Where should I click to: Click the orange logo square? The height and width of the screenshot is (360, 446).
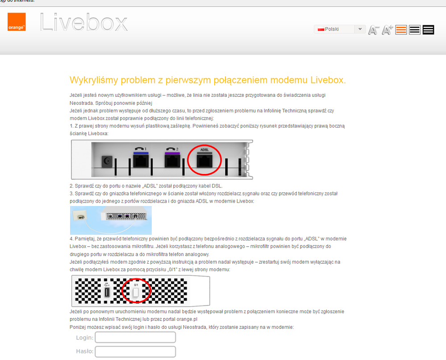click(x=17, y=21)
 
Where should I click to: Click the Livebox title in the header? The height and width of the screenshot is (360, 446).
click(x=83, y=22)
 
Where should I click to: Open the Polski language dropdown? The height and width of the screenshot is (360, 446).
click(x=340, y=29)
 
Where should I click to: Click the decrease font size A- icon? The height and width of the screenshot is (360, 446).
click(x=374, y=29)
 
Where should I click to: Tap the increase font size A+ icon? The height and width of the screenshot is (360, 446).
click(x=387, y=29)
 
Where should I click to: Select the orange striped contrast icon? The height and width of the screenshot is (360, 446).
click(x=401, y=29)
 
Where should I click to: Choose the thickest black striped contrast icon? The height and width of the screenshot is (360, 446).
click(x=428, y=29)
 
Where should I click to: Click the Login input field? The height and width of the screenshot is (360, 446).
click(x=135, y=337)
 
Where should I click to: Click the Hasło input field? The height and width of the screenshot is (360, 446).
click(x=135, y=352)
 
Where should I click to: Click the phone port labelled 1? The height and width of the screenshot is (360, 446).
click(x=141, y=161)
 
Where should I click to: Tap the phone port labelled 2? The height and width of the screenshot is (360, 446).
click(x=172, y=161)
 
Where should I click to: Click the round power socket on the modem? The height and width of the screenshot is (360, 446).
click(x=107, y=161)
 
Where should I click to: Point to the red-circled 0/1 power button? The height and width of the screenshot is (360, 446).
click(x=136, y=292)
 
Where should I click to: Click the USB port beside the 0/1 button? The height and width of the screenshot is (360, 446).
click(x=107, y=292)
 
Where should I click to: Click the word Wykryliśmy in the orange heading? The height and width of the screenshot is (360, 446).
click(x=94, y=80)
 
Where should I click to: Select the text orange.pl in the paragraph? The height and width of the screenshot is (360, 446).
click(x=187, y=319)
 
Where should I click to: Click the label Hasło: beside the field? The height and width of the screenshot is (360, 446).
click(x=85, y=352)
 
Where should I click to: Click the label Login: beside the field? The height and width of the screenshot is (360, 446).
click(x=85, y=338)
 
